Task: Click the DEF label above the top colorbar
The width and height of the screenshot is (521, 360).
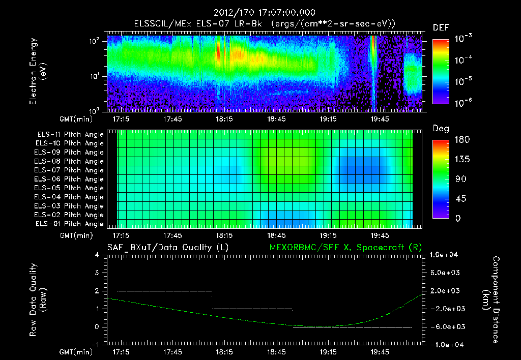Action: pos(441,27)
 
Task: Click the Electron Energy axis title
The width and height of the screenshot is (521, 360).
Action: pos(38,72)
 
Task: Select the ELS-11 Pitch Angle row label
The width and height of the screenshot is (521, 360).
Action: pos(69,134)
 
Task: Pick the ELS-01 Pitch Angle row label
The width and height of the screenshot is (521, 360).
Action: pos(69,224)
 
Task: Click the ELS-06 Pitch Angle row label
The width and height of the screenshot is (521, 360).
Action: pos(69,179)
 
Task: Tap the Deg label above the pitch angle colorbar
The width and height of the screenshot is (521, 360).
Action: pos(441,129)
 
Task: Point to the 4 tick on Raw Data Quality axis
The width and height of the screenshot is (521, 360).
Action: pos(98,255)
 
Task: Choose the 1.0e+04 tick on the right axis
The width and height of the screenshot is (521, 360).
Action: pos(446,255)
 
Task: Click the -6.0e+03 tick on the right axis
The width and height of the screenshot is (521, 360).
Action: pos(446,327)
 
